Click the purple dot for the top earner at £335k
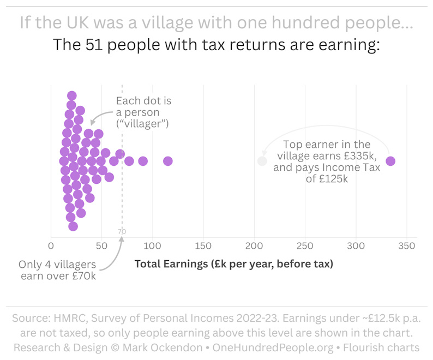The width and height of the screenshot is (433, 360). click(x=390, y=161)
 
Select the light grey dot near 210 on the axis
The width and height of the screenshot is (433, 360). click(x=262, y=161)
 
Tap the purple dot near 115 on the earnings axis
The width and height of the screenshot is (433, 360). click(x=168, y=161)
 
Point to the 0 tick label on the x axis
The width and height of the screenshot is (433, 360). click(x=51, y=246)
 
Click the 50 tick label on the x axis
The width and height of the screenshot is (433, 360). click(x=101, y=246)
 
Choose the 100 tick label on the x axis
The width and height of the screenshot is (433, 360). click(x=152, y=246)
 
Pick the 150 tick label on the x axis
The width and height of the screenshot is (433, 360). click(x=203, y=246)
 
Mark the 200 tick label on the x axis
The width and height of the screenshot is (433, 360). click(x=254, y=246)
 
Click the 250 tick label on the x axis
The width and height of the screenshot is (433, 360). click(x=305, y=246)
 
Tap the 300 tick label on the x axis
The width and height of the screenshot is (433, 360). click(x=356, y=246)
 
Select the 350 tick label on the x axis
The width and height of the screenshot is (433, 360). click(x=407, y=246)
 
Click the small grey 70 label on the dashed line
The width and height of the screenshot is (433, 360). click(x=122, y=232)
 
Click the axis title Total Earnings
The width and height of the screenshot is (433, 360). click(x=233, y=264)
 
